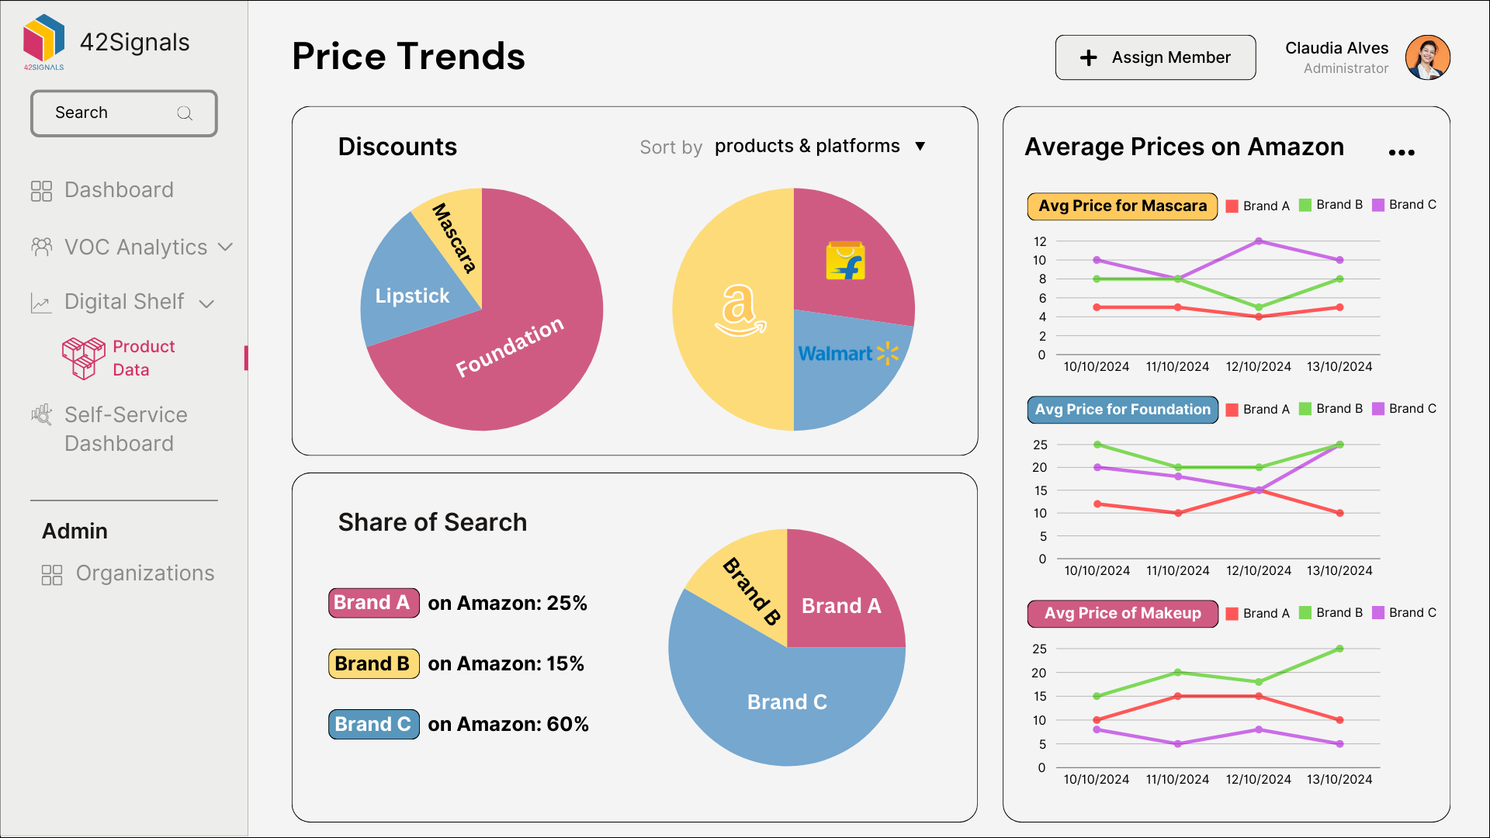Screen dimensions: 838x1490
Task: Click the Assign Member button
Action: (x=1155, y=57)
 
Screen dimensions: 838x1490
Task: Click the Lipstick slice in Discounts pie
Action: (x=411, y=296)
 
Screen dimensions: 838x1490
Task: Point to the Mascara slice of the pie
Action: (x=453, y=237)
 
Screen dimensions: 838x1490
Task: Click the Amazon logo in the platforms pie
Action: (x=740, y=310)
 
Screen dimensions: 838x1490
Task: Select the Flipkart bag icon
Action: (x=845, y=261)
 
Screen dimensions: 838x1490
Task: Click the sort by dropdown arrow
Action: (x=920, y=147)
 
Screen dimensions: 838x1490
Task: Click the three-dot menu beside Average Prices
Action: (x=1402, y=152)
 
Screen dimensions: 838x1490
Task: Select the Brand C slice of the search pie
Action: (x=786, y=702)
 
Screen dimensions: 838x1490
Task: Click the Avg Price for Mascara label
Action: (x=1122, y=206)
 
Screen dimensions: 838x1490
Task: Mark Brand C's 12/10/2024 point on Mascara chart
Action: (x=1259, y=241)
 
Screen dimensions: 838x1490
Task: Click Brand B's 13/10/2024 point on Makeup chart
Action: (x=1339, y=649)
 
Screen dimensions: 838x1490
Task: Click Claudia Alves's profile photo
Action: (x=1427, y=57)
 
